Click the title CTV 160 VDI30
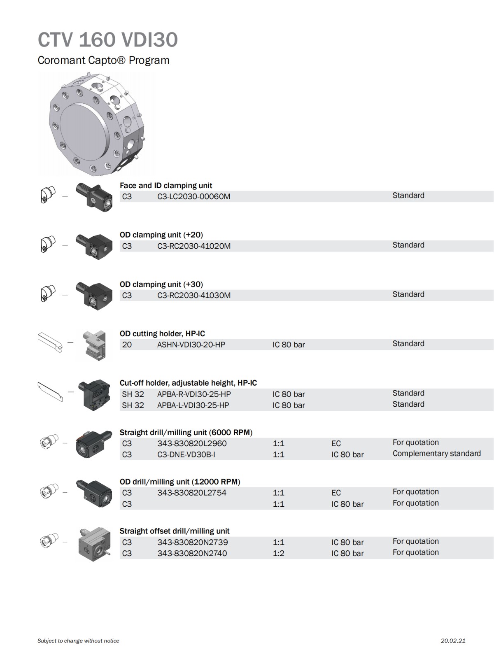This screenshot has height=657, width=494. pos(108,40)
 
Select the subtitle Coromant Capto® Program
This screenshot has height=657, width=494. pos(103,61)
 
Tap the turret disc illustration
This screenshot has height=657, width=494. pos(96,123)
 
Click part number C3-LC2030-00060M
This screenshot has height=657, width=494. pos(194,197)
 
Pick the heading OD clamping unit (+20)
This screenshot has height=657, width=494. pos(161,235)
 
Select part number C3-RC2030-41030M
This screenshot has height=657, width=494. pos(194,296)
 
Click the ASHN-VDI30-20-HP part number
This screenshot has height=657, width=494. pos(191,345)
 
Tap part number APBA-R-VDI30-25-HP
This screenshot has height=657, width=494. pos(194,394)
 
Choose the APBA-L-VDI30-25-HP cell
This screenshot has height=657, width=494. pos(193,405)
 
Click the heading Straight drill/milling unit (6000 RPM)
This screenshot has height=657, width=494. pos(186,433)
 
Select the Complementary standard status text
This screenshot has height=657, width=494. pos(436,454)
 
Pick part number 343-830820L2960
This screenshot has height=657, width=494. pos(192,444)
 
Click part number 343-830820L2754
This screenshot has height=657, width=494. pos(192,493)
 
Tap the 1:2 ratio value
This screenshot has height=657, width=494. pos(278,553)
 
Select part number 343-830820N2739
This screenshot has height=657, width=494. pos(193,543)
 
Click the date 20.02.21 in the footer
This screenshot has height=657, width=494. pos(453,641)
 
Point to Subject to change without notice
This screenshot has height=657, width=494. pos(78,641)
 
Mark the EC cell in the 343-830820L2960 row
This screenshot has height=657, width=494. pos(336,444)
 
